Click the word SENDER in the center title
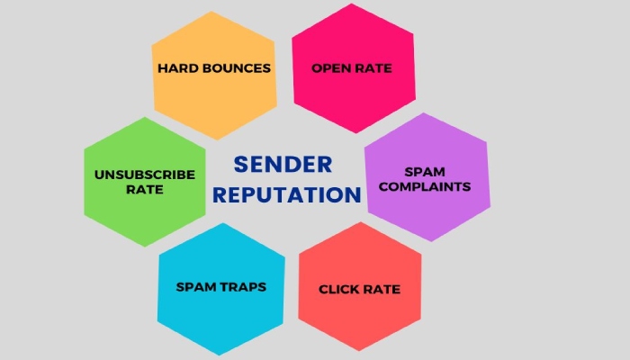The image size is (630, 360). coord(283,165)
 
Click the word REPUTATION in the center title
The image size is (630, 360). coord(287,195)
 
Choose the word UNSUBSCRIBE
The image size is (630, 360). coord(145,175)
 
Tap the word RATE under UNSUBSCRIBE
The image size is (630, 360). coord(145,190)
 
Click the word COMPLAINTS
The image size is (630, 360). coord(425,187)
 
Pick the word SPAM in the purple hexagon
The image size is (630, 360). coord(425,172)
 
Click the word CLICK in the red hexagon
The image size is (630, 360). coord(337,289)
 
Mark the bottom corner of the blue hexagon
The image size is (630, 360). coord(220,355)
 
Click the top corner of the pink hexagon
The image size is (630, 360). coord(352,4)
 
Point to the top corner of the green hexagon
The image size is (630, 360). coord(145,117)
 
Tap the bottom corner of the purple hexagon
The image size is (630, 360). coord(431,241)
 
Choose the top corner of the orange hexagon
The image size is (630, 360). coord(211,11)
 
